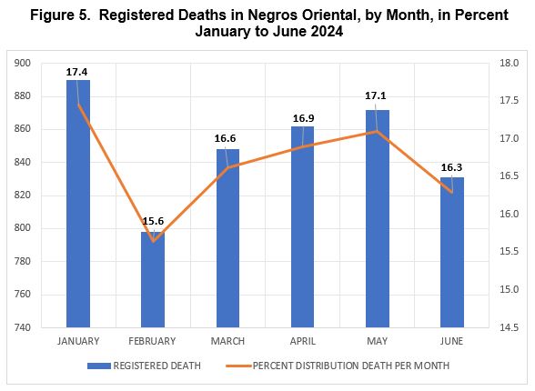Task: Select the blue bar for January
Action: [x=78, y=204]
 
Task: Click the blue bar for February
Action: [x=153, y=279]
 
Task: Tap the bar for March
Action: [x=227, y=238]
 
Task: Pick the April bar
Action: [x=302, y=227]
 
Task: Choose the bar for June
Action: [x=452, y=252]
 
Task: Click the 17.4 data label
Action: [x=76, y=72]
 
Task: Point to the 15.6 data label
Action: [x=153, y=221]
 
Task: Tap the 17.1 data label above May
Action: [x=375, y=95]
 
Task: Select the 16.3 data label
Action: [x=451, y=167]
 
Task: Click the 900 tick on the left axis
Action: [x=22, y=63]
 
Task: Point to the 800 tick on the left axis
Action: [x=22, y=228]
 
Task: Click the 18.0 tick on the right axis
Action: [x=510, y=63]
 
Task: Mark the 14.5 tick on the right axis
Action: [x=510, y=327]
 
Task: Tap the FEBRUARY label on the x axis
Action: [x=152, y=341]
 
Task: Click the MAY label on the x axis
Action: [x=377, y=341]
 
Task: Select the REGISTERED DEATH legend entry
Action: [x=144, y=366]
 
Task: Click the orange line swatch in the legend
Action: [x=238, y=366]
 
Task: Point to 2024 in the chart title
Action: [x=327, y=31]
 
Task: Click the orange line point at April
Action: [x=302, y=147]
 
